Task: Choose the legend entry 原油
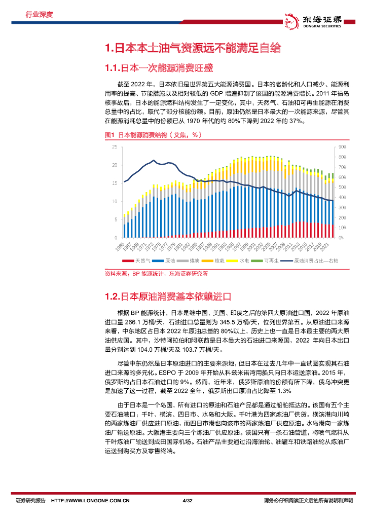click(x=166, y=261)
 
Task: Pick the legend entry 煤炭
click(x=192, y=261)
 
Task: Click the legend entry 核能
click(x=216, y=261)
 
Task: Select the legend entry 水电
click(x=241, y=261)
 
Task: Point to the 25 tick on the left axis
click(x=115, y=146)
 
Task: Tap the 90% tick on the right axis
click(x=342, y=146)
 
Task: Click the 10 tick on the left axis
click(x=115, y=201)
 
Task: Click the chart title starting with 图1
click(x=150, y=135)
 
